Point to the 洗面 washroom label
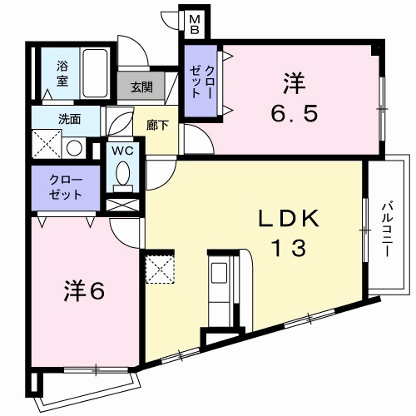click(69, 119)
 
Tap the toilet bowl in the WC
click(123, 175)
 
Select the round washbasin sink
click(73, 147)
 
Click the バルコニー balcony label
click(388, 225)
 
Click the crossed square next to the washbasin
click(46, 147)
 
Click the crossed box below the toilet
click(122, 204)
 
